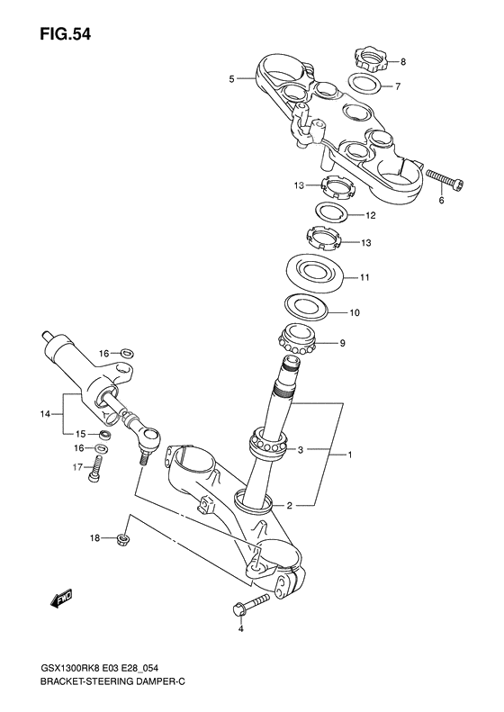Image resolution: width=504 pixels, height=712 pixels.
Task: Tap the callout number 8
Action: pyautogui.click(x=403, y=62)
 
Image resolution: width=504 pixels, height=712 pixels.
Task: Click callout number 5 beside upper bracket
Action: pyautogui.click(x=231, y=79)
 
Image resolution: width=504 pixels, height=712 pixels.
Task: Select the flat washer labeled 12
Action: pyautogui.click(x=332, y=214)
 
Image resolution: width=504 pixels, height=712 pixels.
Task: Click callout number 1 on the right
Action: pyautogui.click(x=351, y=455)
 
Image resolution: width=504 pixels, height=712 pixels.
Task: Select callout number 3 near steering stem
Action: pyautogui.click(x=301, y=448)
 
